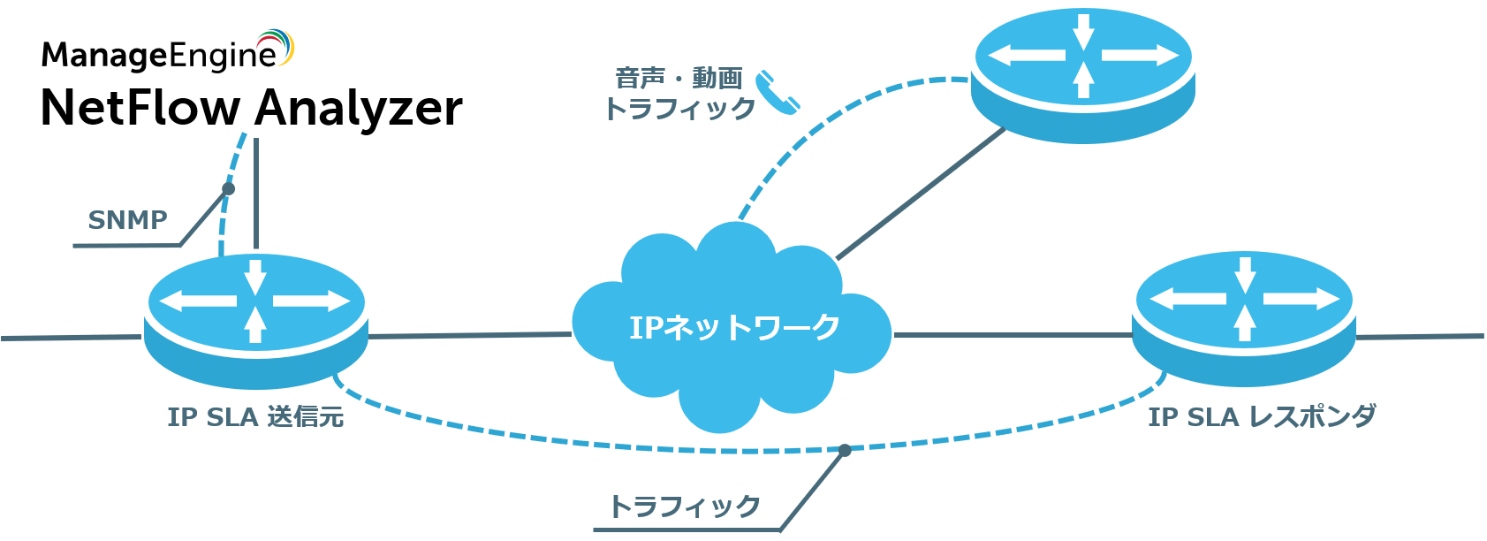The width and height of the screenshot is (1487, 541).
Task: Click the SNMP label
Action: coord(128,220)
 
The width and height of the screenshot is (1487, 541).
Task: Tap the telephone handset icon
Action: coord(778,92)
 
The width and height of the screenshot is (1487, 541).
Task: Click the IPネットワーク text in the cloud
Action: coord(734,327)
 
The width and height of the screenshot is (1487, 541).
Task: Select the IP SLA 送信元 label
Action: coord(255,416)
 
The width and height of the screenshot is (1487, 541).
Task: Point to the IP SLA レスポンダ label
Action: coord(1262,416)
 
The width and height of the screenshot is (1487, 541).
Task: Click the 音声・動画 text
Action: coord(679,78)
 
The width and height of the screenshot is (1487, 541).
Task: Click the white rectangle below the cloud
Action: coord(653,431)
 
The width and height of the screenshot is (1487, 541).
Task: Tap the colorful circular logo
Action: coord(276,47)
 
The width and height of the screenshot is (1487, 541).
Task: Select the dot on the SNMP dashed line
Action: coord(228,189)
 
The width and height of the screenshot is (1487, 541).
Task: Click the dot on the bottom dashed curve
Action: coord(845,450)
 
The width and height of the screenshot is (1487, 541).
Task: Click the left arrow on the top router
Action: coord(1025,56)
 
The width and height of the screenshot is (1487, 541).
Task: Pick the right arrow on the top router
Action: coord(1141,56)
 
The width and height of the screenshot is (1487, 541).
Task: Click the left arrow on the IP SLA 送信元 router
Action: coord(198,301)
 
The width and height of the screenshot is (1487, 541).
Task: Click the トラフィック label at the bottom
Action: coord(685,507)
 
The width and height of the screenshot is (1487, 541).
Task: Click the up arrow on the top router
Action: coord(1083,80)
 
